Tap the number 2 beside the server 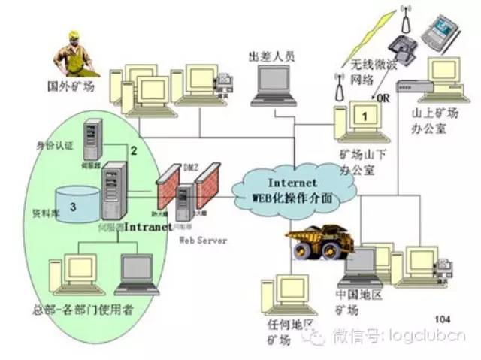[x=133, y=150]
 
